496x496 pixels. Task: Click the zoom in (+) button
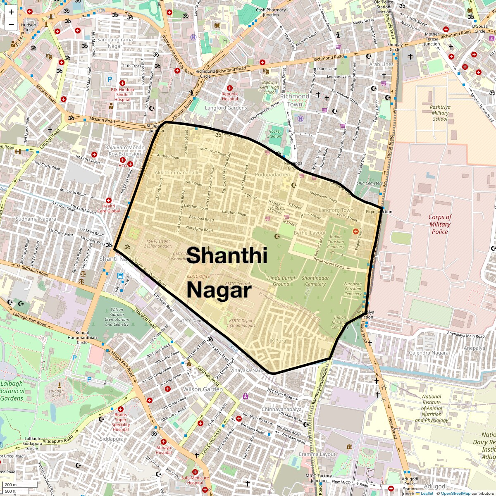[x=11, y=12]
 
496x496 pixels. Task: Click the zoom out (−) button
[x=11, y=24]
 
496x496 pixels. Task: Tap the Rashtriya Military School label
[x=440, y=113]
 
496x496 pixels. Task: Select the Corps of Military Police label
[x=440, y=224]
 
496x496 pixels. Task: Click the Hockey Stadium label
[x=275, y=134]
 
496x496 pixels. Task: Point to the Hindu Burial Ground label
[x=281, y=281]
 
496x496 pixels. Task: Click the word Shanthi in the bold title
[x=227, y=255]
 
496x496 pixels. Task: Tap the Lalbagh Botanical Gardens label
[x=12, y=391]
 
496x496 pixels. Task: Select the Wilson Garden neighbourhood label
[x=203, y=389]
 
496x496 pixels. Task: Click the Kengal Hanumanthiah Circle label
[x=82, y=337]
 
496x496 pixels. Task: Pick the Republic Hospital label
[x=230, y=96]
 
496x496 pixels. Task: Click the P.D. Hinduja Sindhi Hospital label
[x=122, y=95]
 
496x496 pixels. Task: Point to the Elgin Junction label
[x=379, y=212]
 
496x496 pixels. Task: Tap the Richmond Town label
[x=295, y=100]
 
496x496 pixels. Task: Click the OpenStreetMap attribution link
[x=455, y=493]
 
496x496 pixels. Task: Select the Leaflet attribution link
[x=427, y=493]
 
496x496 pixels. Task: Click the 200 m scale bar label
[x=11, y=485]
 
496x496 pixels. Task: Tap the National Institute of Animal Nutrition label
[x=432, y=408]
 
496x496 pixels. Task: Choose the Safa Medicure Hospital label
[x=195, y=480]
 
